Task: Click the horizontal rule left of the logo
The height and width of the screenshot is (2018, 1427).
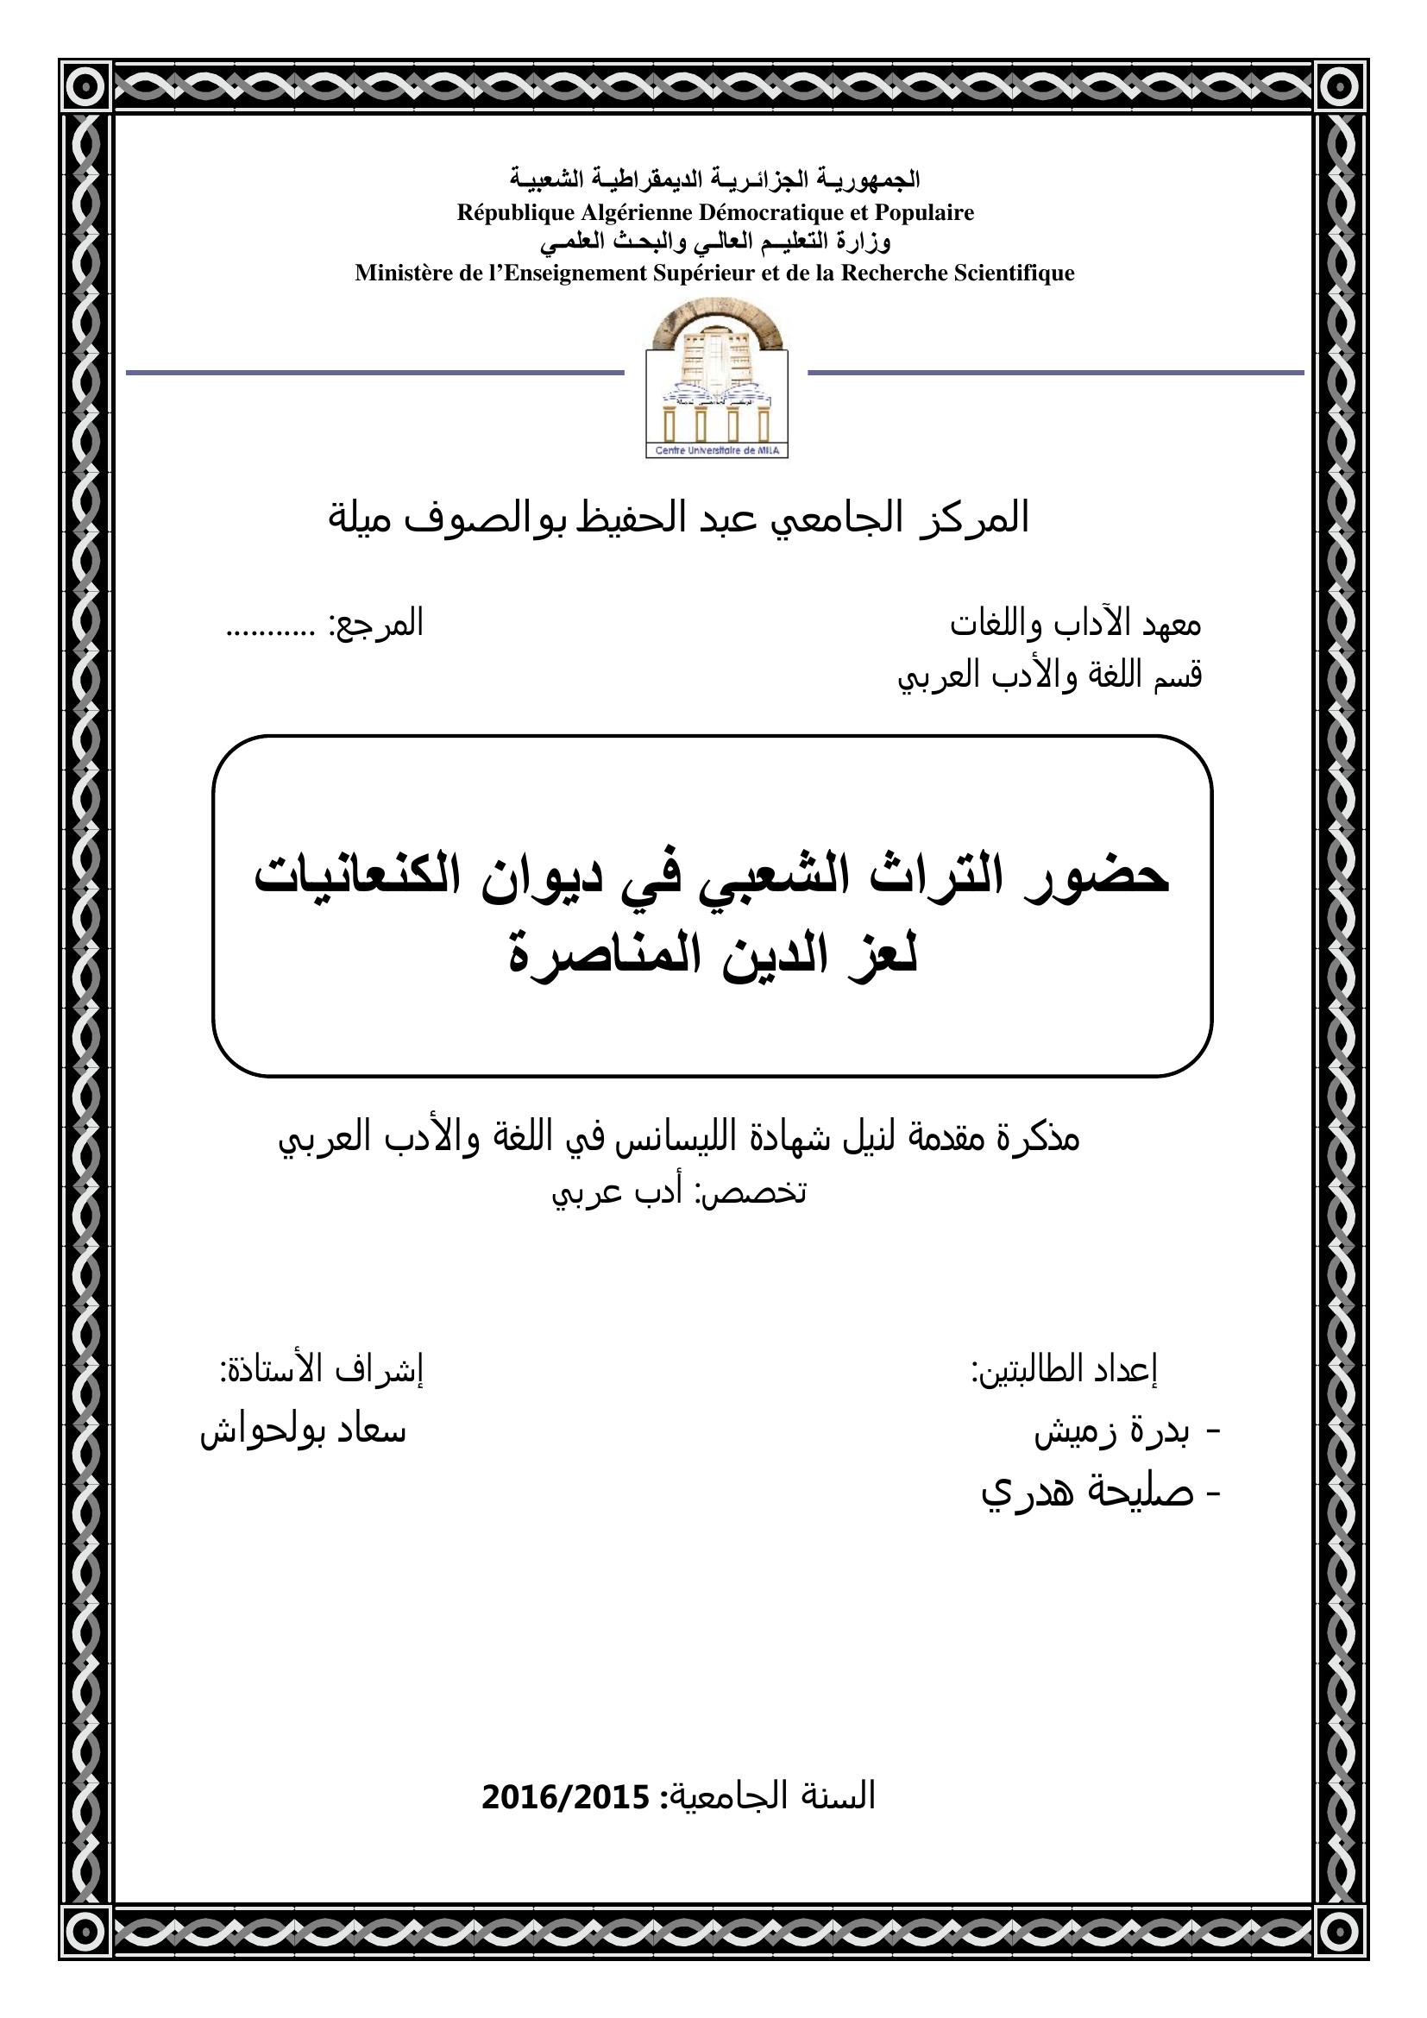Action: [374, 373]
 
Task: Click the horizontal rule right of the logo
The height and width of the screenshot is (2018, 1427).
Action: [1054, 373]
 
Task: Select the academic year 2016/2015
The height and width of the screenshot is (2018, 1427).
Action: [565, 1796]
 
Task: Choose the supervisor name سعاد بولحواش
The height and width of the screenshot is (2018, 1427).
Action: [303, 1430]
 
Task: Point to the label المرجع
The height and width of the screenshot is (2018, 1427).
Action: [376, 623]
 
